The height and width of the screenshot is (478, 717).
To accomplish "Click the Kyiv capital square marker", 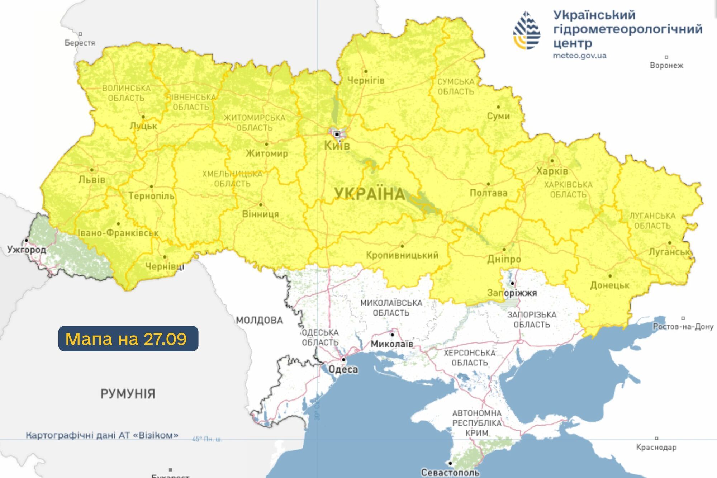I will [x=337, y=134].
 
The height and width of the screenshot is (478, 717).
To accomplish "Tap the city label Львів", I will [x=92, y=179].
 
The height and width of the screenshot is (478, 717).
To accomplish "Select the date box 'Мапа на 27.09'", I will [x=128, y=339].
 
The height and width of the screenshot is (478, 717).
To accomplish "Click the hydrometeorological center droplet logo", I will [x=526, y=31].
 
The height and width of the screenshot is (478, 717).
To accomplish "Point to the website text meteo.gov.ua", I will [x=579, y=56].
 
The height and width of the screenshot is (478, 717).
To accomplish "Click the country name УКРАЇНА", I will [x=369, y=194].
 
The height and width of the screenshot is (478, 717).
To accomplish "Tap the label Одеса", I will [x=343, y=369].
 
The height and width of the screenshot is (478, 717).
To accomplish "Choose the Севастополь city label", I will [x=450, y=473].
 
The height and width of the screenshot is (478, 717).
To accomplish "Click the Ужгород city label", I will [x=27, y=249].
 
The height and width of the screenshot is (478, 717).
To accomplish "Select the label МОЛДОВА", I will [x=259, y=320].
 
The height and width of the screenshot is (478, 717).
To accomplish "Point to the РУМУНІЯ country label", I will [x=128, y=394].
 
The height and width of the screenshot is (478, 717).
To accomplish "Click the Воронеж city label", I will [x=666, y=65].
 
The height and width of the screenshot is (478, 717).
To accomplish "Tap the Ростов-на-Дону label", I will [x=683, y=327].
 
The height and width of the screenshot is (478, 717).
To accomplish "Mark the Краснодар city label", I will [x=656, y=447].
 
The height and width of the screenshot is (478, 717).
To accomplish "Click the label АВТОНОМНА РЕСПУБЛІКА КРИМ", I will [x=476, y=423].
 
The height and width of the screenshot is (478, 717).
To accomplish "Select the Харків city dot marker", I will [x=552, y=161].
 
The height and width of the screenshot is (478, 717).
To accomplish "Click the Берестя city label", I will [x=80, y=43].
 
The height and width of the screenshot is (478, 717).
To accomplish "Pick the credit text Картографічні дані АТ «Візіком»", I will [x=102, y=435].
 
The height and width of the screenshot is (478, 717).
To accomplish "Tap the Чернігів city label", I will [x=366, y=80].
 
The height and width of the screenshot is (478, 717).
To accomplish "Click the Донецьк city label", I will [x=609, y=285].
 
